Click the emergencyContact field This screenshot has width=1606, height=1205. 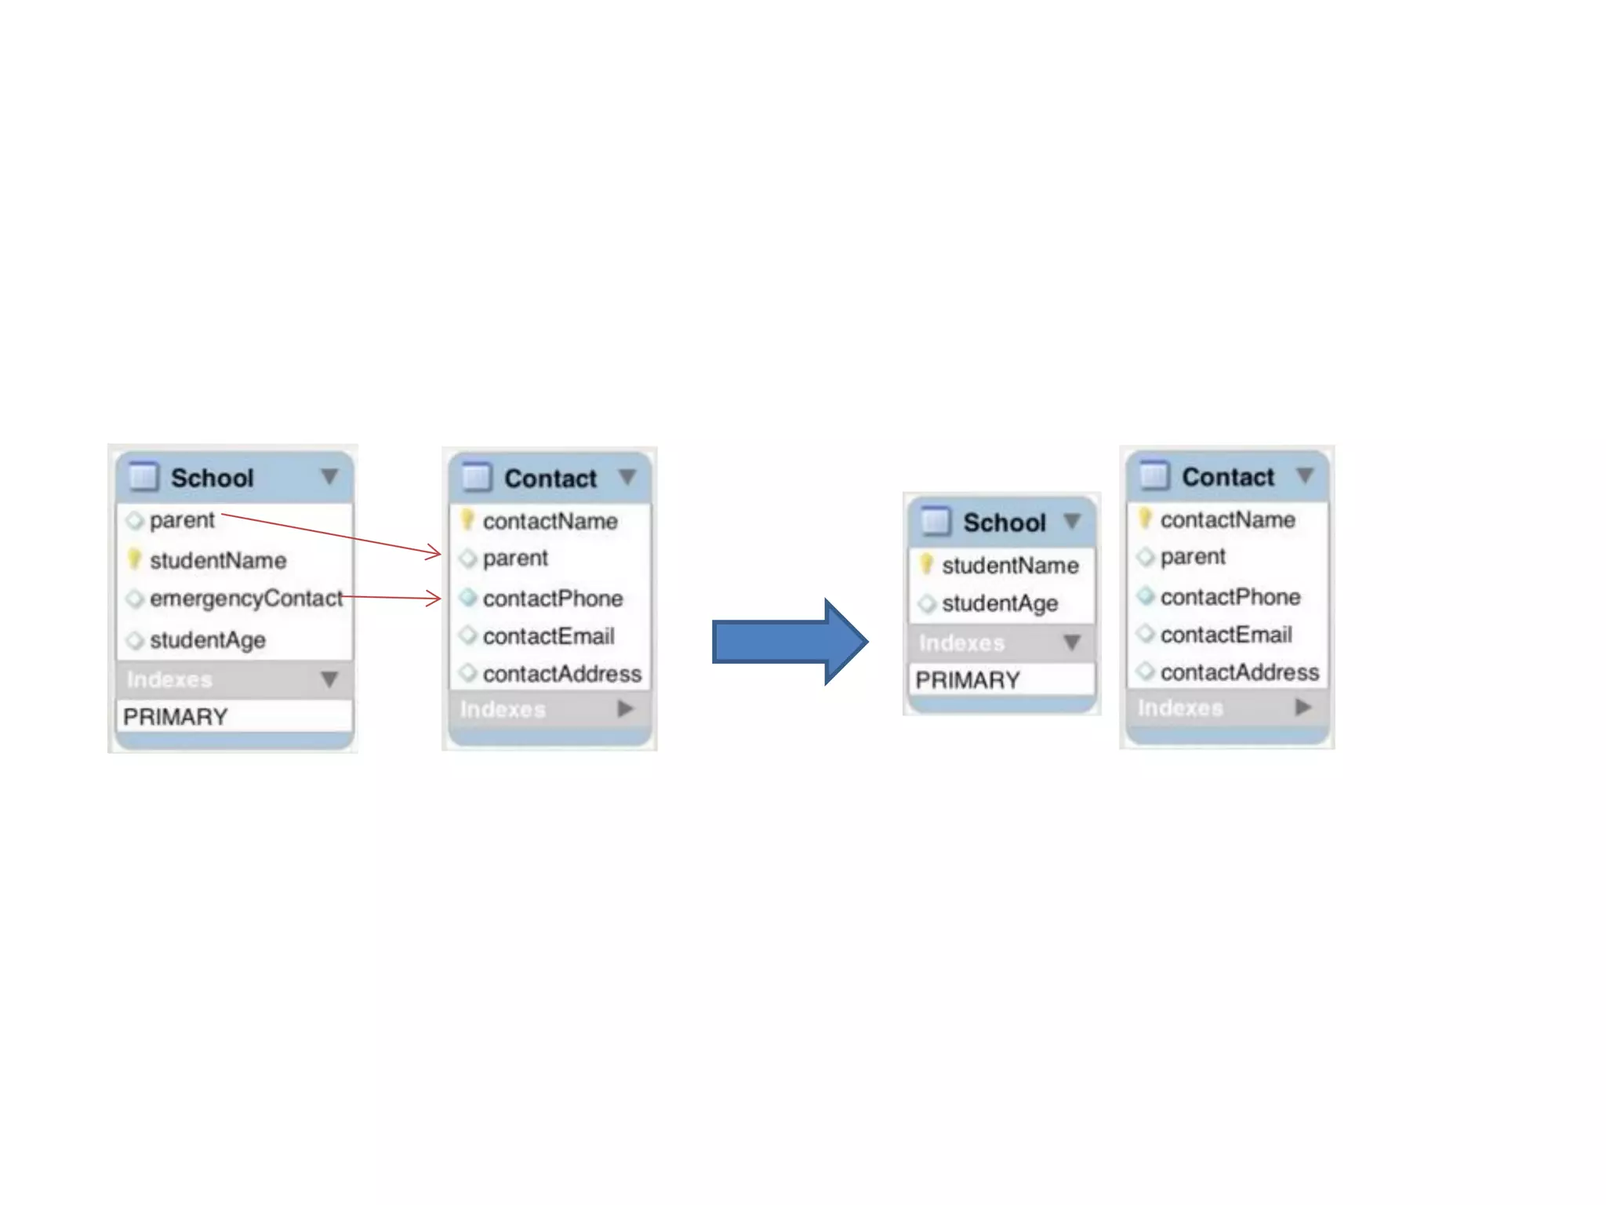point(245,599)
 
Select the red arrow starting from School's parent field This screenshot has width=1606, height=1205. point(329,533)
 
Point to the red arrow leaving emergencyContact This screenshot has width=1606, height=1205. point(392,598)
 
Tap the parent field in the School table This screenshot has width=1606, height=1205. point(181,520)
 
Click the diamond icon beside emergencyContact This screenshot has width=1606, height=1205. point(135,599)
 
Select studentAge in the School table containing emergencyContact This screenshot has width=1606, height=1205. point(207,640)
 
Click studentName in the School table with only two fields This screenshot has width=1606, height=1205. point(1009,566)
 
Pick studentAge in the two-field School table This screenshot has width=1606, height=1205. point(1000,603)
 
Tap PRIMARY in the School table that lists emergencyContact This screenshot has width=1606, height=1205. point(176,716)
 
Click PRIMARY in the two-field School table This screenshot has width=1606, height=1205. point(968,680)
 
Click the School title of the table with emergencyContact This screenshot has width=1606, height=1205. point(212,478)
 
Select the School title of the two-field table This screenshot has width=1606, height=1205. point(1004,522)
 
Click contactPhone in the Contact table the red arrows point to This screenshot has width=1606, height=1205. point(552,599)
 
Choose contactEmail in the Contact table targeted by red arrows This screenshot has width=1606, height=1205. point(548,636)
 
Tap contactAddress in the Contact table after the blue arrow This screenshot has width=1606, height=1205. point(1239,672)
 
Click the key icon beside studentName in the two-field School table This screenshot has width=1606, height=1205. point(927,564)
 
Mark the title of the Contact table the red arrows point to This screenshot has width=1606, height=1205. point(550,479)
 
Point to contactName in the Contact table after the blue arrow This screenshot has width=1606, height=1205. point(1227,519)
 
